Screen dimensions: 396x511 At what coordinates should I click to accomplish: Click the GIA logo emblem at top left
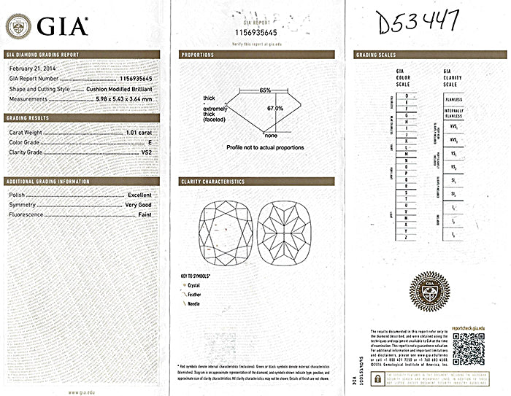[x=18, y=27]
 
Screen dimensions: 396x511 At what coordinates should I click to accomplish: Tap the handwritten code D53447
[x=415, y=23]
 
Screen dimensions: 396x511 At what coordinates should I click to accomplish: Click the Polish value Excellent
[x=139, y=195]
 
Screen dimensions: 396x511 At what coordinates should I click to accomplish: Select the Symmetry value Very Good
[x=139, y=205]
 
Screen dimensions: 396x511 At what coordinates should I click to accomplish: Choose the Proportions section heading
[x=197, y=55]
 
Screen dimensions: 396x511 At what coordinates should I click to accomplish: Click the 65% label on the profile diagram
[x=265, y=90]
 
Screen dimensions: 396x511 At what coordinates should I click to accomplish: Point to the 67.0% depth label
[x=275, y=108]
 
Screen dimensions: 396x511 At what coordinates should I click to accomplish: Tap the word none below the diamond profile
[x=271, y=136]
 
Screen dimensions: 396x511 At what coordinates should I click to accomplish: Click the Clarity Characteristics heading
[x=212, y=182]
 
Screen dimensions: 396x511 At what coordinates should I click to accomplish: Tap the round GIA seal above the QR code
[x=429, y=292]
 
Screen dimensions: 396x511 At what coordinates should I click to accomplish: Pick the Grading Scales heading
[x=376, y=55]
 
